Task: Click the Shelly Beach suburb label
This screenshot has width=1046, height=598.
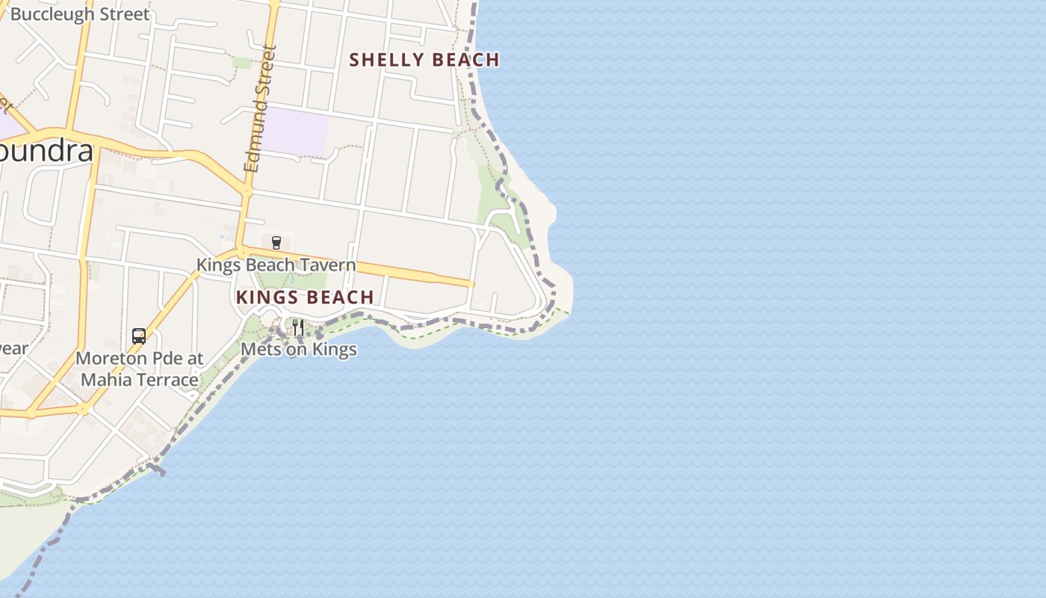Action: [x=424, y=60]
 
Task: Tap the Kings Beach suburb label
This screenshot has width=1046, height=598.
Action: [x=305, y=298]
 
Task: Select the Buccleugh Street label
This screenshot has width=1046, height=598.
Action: [x=79, y=14]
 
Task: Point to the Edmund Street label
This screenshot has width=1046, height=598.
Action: [x=261, y=109]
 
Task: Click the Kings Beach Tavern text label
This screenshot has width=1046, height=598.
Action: [x=276, y=265]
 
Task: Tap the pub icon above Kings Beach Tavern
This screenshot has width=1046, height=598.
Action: [x=276, y=242]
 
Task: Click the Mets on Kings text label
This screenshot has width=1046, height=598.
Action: [x=298, y=349]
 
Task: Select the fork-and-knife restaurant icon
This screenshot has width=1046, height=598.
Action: [x=298, y=327]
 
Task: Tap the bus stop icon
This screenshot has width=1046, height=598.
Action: [x=139, y=336]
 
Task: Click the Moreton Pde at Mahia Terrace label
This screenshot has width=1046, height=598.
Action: [x=140, y=369]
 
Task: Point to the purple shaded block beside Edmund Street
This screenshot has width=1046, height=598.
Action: [x=297, y=132]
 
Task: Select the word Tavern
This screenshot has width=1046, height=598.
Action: [x=329, y=265]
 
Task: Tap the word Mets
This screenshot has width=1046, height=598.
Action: [x=259, y=349]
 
